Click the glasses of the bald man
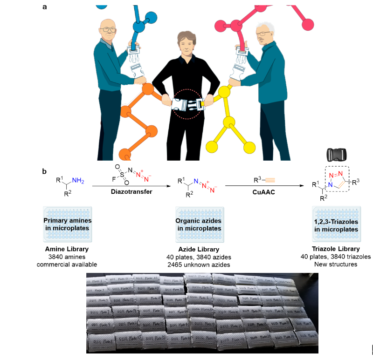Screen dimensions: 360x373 [109, 29]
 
